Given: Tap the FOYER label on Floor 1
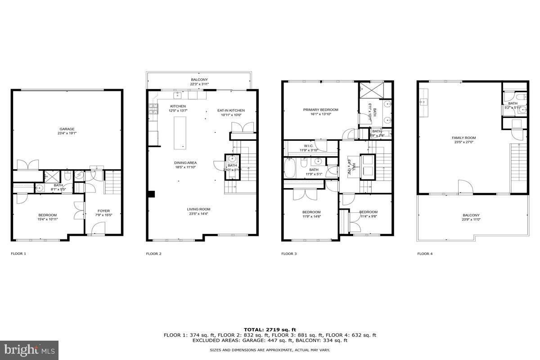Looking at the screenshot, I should pyautogui.click(x=103, y=211).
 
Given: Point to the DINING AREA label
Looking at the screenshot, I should pyautogui.click(x=185, y=163).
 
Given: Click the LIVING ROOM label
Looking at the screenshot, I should pyautogui.click(x=198, y=209).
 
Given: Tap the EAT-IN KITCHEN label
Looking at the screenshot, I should pyautogui.click(x=231, y=110).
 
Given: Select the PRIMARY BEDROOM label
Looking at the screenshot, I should pyautogui.click(x=320, y=110).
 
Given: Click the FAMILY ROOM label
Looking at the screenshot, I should pyautogui.click(x=463, y=138).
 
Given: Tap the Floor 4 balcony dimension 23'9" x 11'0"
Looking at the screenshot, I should pyautogui.click(x=471, y=220).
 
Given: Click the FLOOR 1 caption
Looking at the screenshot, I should pyautogui.click(x=18, y=254).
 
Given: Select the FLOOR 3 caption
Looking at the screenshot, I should pyautogui.click(x=289, y=254).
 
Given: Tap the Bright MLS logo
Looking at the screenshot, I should pyautogui.click(x=30, y=349).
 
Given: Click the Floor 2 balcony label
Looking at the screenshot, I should pyautogui.click(x=198, y=80).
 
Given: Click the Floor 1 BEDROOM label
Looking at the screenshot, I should pyautogui.click(x=47, y=215).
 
